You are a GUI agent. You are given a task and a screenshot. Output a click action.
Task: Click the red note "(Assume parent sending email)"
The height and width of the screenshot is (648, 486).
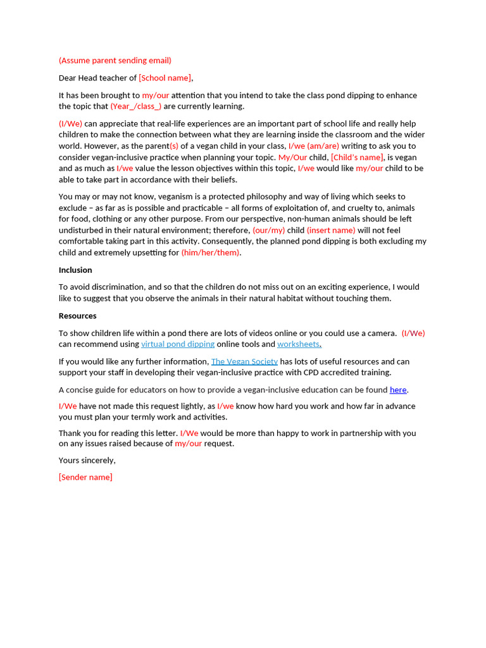tap(115, 61)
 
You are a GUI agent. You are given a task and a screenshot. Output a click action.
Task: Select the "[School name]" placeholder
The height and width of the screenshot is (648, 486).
tap(165, 78)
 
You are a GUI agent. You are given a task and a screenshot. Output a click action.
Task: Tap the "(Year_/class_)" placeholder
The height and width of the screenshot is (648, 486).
tap(135, 106)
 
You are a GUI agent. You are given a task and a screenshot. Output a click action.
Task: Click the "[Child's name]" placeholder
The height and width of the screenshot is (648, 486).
tap(357, 157)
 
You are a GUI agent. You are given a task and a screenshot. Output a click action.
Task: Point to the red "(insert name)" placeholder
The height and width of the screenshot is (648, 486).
tap(331, 230)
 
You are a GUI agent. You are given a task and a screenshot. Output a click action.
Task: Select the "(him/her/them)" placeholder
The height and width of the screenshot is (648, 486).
tap(211, 252)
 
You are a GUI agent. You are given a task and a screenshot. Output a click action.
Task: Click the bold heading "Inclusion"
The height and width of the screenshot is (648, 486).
tap(75, 270)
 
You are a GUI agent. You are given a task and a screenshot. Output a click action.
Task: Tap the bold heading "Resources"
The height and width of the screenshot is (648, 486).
tap(77, 316)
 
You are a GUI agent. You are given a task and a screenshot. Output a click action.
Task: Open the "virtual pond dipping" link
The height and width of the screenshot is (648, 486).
tap(178, 344)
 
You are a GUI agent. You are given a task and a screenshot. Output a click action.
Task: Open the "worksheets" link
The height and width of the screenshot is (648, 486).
tap(298, 344)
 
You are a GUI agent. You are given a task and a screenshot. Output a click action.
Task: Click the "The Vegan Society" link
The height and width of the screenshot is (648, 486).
tap(244, 361)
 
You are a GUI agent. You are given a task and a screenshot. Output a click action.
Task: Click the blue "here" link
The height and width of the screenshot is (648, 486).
tap(398, 390)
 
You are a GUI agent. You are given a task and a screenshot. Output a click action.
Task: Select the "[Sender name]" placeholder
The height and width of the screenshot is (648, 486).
tap(85, 477)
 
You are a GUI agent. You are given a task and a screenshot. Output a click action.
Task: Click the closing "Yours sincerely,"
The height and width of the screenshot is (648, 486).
tap(87, 460)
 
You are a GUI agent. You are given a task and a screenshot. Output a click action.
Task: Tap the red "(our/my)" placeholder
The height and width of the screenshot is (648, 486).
tap(269, 230)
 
